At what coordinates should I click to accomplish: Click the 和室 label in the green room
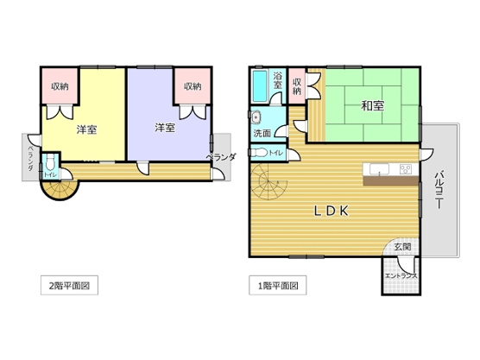[372, 106]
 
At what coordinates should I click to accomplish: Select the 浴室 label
[278, 80]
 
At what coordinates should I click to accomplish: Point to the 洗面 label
[262, 133]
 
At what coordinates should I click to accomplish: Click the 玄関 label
[402, 246]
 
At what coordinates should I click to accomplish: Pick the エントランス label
[401, 275]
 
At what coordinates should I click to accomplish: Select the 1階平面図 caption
[278, 284]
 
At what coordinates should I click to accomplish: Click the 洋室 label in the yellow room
[85, 129]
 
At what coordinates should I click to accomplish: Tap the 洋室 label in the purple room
[165, 128]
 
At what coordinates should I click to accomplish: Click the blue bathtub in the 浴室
[260, 86]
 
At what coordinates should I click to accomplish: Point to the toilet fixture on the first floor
[259, 153]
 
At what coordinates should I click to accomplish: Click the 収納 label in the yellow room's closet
[59, 85]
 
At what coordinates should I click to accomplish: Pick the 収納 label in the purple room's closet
[191, 85]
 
